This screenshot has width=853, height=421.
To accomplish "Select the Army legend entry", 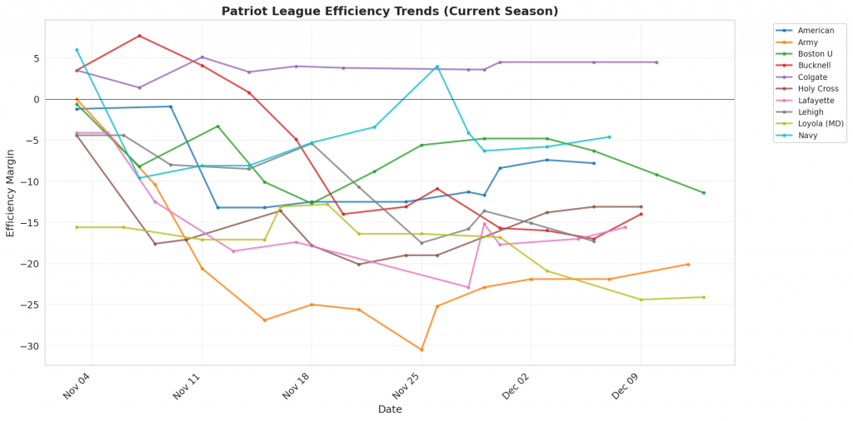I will pyautogui.click(x=807, y=42).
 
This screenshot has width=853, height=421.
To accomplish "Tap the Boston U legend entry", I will pyautogui.click(x=812, y=54).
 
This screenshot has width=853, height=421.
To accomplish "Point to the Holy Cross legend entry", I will pyautogui.click(x=814, y=89).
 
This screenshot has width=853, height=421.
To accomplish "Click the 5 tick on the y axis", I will pyautogui.click(x=36, y=58).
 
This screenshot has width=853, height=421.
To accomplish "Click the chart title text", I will pyautogui.click(x=390, y=11).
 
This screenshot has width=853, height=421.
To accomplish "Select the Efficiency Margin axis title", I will pyautogui.click(x=11, y=192).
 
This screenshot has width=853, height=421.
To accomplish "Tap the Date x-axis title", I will pyautogui.click(x=390, y=409).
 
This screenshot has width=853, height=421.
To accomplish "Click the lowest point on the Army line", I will pyautogui.click(x=422, y=350).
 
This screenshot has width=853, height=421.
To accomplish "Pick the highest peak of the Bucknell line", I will pyautogui.click(x=139, y=36).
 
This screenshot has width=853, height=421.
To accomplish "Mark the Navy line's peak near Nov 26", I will pyautogui.click(x=436, y=67).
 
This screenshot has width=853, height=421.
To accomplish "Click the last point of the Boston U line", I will pyautogui.click(x=704, y=193).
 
